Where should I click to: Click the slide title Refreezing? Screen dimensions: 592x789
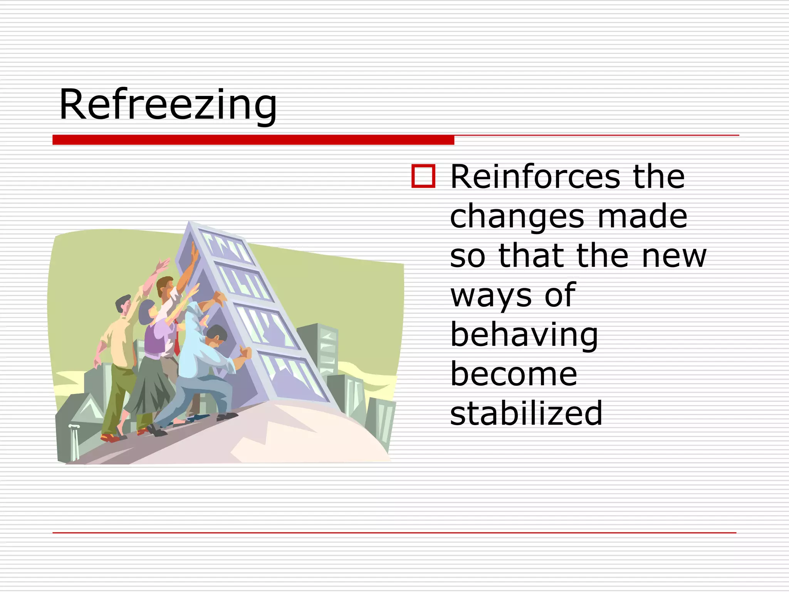tap(168, 105)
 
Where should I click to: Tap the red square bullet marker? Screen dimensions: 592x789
tap(423, 176)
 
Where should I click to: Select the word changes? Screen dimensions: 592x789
tap(517, 217)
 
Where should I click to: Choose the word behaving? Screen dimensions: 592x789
tap(524, 335)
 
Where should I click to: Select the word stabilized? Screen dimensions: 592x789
tap(526, 413)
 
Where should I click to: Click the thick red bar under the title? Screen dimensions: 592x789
tap(253, 140)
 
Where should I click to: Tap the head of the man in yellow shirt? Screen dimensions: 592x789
tap(123, 304)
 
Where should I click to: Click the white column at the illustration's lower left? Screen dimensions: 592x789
tap(75, 442)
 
